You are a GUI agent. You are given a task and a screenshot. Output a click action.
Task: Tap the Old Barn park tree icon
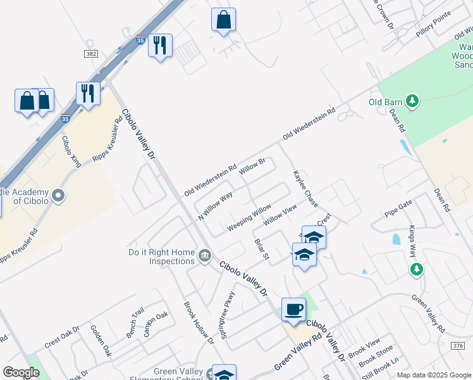coord(412,101)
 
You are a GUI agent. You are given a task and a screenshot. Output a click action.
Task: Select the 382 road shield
coord(91,54)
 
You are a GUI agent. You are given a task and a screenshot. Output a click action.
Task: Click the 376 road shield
coord(458,345)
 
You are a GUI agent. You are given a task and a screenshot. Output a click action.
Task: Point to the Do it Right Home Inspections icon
coord(204,256)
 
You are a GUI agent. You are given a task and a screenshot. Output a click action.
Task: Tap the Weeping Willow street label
coord(250,217)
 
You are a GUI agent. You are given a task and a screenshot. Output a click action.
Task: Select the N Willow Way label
coord(216,205)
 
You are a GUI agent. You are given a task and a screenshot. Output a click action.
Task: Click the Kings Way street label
coord(413,241)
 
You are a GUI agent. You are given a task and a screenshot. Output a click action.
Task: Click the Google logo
coord(21,372)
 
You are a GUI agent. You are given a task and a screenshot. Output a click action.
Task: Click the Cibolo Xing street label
coord(71,151)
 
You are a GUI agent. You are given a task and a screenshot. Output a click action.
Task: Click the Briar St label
coord(262,249)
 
